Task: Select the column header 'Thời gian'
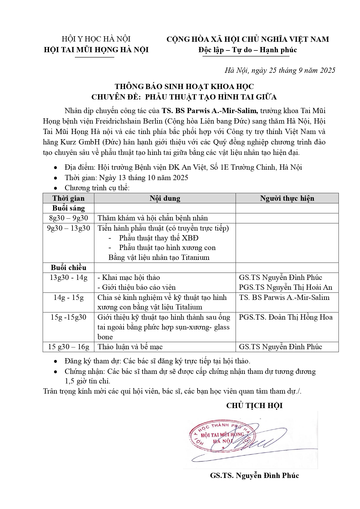tap(68, 198)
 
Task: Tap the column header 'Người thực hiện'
tap(287, 198)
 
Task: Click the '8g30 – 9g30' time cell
tap(68, 218)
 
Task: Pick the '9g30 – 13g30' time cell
tap(68, 228)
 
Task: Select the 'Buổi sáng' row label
tap(68, 208)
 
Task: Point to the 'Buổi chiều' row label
tap(68, 267)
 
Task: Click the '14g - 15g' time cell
tap(68, 298)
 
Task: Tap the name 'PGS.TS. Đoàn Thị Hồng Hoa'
tap(285, 317)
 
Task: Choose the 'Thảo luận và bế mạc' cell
tap(130, 347)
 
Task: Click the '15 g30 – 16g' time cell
tap(68, 347)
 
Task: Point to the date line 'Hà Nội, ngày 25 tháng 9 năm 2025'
tap(280, 70)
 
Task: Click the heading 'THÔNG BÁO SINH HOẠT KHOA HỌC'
tap(184, 86)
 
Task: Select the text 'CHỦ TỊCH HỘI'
tap(254, 405)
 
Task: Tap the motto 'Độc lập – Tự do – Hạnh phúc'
tap(247, 50)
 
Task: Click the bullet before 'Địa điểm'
tap(55, 168)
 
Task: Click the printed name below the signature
tap(254, 476)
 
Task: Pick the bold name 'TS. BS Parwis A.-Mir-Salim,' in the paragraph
tap(210, 111)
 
